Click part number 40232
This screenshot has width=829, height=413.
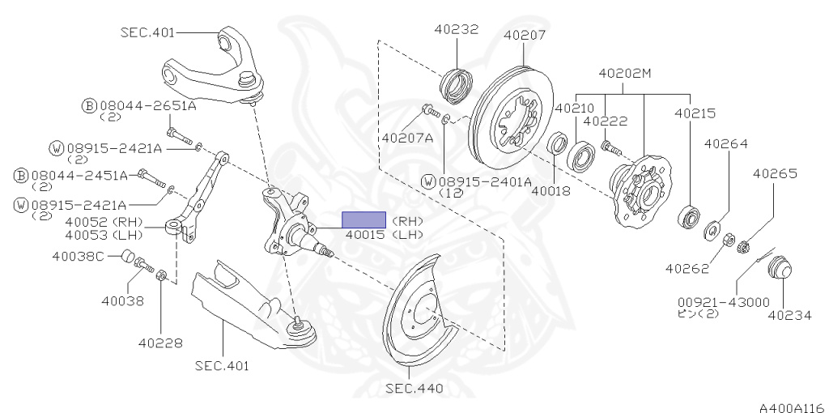click(457, 29)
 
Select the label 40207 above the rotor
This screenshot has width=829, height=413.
click(525, 35)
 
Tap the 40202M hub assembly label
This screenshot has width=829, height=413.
click(625, 74)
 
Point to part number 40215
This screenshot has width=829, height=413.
click(695, 113)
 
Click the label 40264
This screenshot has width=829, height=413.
click(726, 144)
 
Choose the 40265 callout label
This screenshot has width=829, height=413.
click(775, 173)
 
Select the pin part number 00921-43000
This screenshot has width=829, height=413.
click(724, 303)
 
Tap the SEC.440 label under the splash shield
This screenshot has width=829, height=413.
click(414, 389)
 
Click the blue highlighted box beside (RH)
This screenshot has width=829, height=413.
click(363, 220)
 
